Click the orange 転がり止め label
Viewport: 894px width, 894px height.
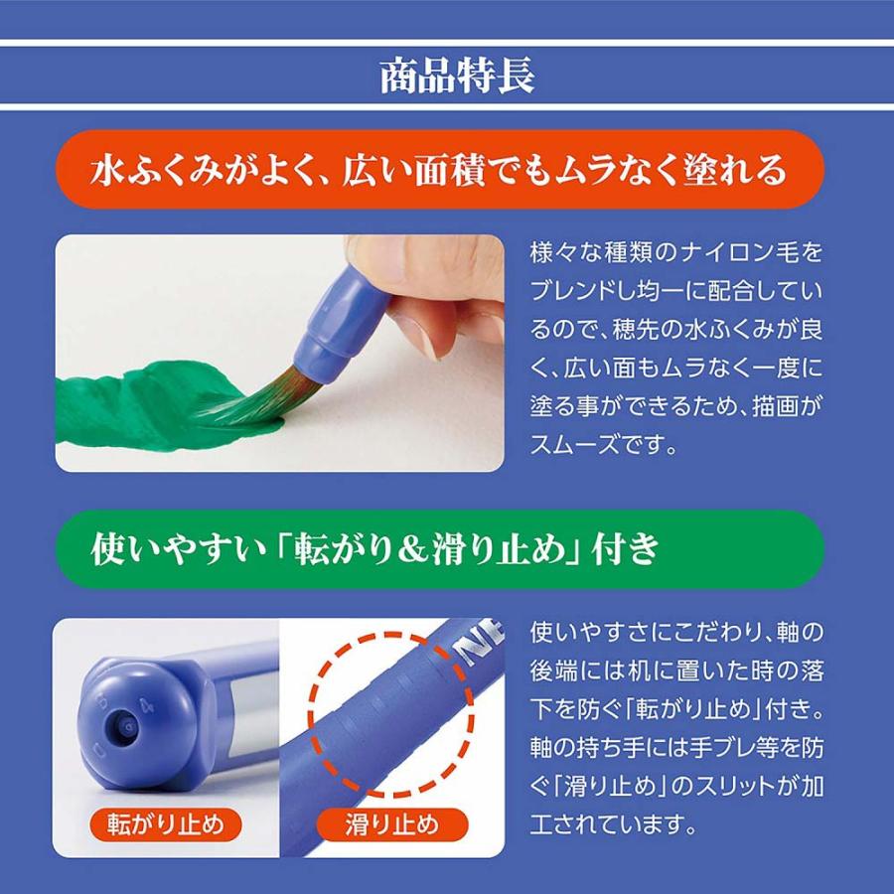(x=166, y=823)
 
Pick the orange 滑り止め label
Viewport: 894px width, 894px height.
(x=391, y=823)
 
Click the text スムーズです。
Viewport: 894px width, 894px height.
(x=604, y=447)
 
